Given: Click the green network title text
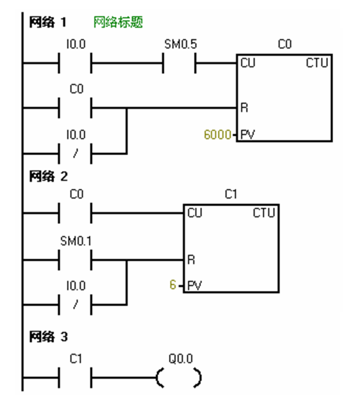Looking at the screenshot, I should point(118,22).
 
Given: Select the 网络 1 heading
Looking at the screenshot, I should point(48,23).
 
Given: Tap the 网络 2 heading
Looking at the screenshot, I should point(48,177).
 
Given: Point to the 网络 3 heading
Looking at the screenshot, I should point(48,337).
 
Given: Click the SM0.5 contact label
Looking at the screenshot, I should point(180,45).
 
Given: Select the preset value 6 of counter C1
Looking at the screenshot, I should point(172,286).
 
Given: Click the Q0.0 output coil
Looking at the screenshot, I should point(179,377).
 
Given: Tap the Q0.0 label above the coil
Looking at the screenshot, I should point(180,359).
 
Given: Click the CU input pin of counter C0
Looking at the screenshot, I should point(247,64).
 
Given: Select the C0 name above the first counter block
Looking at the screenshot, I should point(284,45).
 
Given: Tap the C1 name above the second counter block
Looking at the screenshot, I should point(231,195).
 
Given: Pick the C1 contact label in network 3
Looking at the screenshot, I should point(76,359).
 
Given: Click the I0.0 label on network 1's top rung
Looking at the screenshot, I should point(76,45).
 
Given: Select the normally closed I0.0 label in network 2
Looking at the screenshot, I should point(76,286).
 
